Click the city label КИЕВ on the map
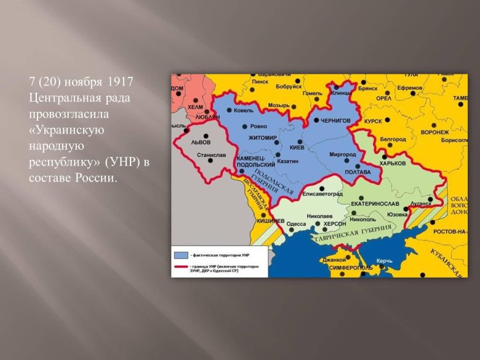coord(297,148)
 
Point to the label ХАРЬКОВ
coord(393,164)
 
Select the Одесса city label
coord(297,224)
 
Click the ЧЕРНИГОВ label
coord(335,121)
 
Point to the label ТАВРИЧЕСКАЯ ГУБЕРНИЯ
coord(352,234)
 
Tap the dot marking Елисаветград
coord(322,187)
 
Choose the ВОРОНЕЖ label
coord(434,132)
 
